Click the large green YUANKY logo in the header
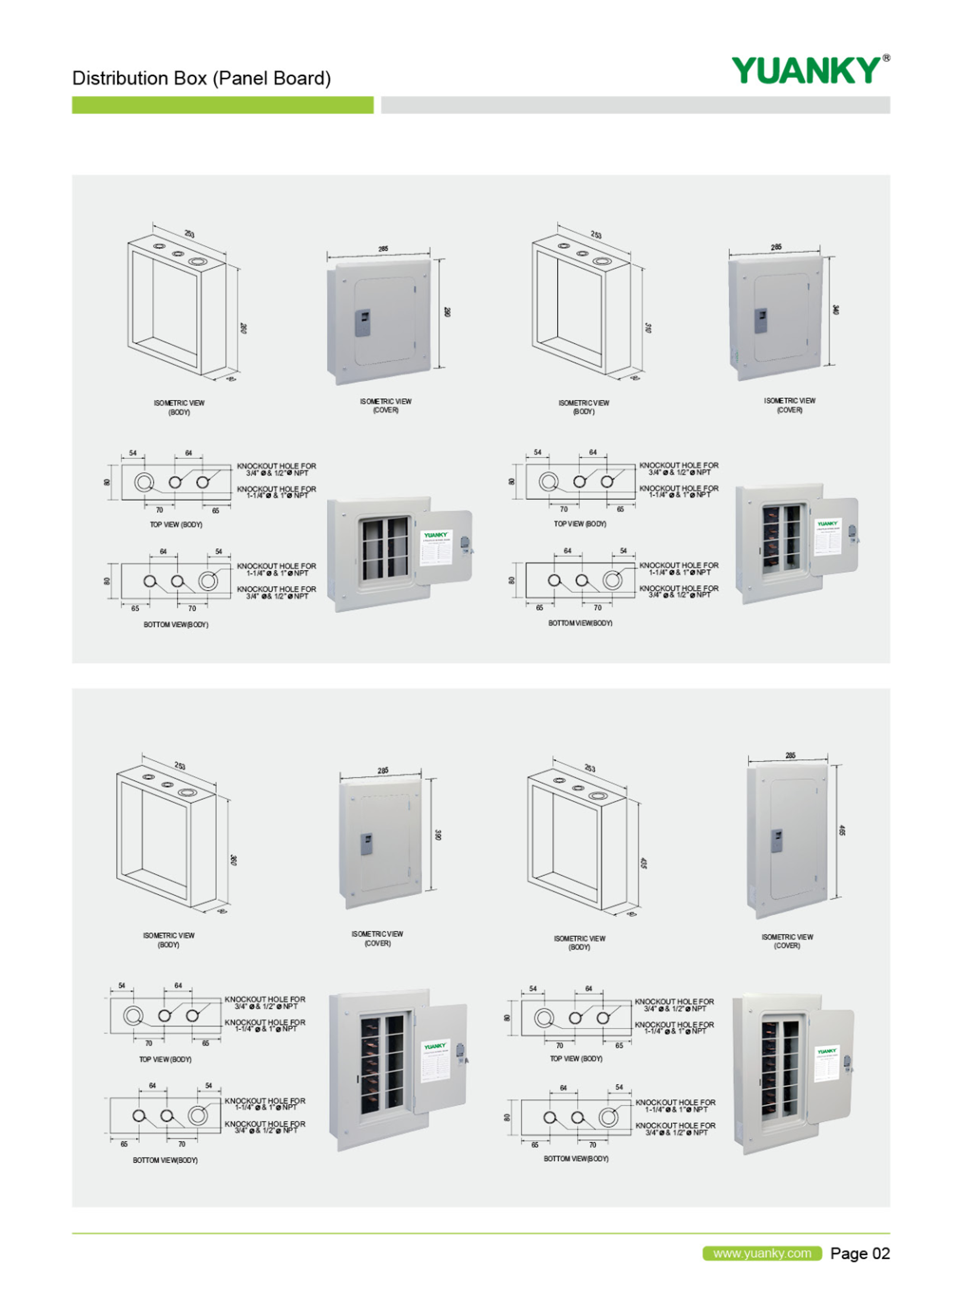806,70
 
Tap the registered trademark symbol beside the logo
886,58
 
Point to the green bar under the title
222,105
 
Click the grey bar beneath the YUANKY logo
635,105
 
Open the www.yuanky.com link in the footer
762,1253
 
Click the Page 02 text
860,1253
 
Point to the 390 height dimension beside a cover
438,835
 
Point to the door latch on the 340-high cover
760,321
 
